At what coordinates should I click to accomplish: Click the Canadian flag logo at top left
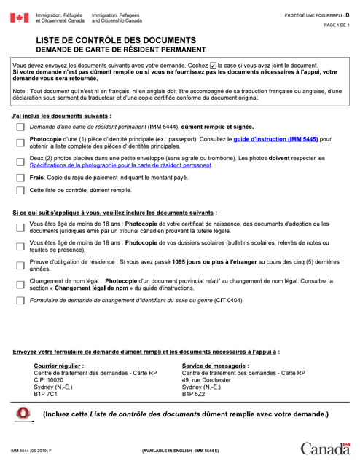(x=19, y=17)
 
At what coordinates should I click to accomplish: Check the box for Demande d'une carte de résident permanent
(x=20, y=127)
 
